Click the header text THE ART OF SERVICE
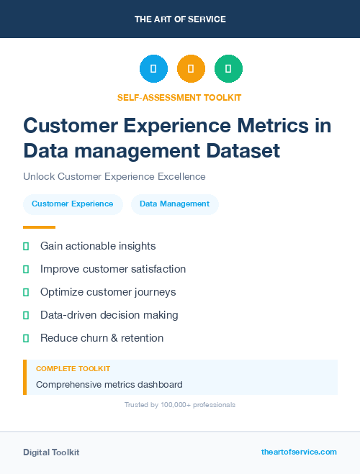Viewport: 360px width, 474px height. tap(180, 19)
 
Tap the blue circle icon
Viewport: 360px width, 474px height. tap(153, 69)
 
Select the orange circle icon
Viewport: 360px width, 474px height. tap(191, 69)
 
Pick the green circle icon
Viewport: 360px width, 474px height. tap(228, 69)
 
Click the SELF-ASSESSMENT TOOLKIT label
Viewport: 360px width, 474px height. tap(179, 97)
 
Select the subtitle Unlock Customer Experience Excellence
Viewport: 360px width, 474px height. tap(114, 176)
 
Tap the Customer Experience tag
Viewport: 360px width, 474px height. tap(72, 204)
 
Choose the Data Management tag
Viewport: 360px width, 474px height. tap(174, 204)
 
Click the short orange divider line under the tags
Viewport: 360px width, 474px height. tap(39, 227)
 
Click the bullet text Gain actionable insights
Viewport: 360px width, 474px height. tap(98, 246)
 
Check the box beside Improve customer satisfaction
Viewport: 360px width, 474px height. tap(26, 269)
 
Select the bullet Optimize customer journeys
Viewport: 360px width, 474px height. tap(108, 292)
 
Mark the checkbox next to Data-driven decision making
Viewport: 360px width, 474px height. tap(26, 315)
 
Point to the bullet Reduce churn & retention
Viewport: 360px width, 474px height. tap(102, 338)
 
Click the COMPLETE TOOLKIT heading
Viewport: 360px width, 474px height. tap(73, 369)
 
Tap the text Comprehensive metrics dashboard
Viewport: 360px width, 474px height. tap(109, 384)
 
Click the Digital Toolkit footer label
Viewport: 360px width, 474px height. tap(51, 452)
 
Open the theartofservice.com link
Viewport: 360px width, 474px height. tap(299, 452)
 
